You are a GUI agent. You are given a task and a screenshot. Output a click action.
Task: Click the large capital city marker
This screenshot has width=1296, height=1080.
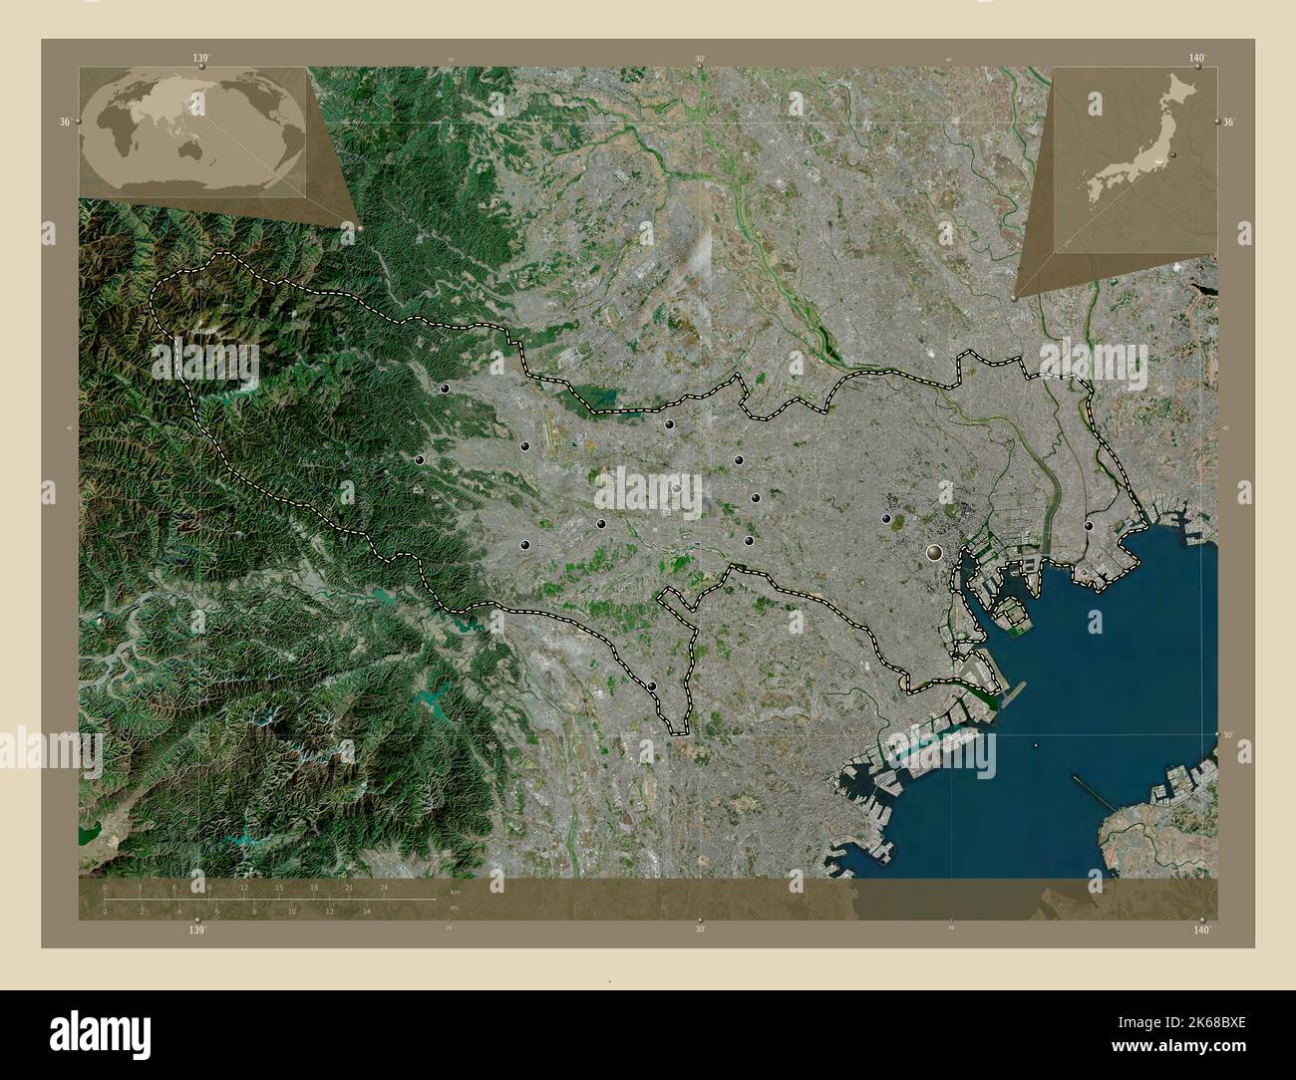pos(935,550)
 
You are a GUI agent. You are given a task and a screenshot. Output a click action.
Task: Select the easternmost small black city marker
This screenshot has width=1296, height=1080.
pos(1089,525)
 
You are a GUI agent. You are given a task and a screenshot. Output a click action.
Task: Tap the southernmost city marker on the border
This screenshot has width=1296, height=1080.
pos(652,684)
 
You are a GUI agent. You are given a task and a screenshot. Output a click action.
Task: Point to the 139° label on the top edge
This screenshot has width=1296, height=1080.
pos(200,59)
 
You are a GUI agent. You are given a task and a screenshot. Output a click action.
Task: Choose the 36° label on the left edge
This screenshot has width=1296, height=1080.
pos(64,121)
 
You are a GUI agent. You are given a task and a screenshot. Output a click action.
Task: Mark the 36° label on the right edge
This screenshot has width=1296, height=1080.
pos(1229,121)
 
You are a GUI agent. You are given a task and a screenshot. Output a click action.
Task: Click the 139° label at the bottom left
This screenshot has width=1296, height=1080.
pos(197,929)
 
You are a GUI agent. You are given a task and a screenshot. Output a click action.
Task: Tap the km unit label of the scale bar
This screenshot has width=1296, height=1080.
pos(455,891)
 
